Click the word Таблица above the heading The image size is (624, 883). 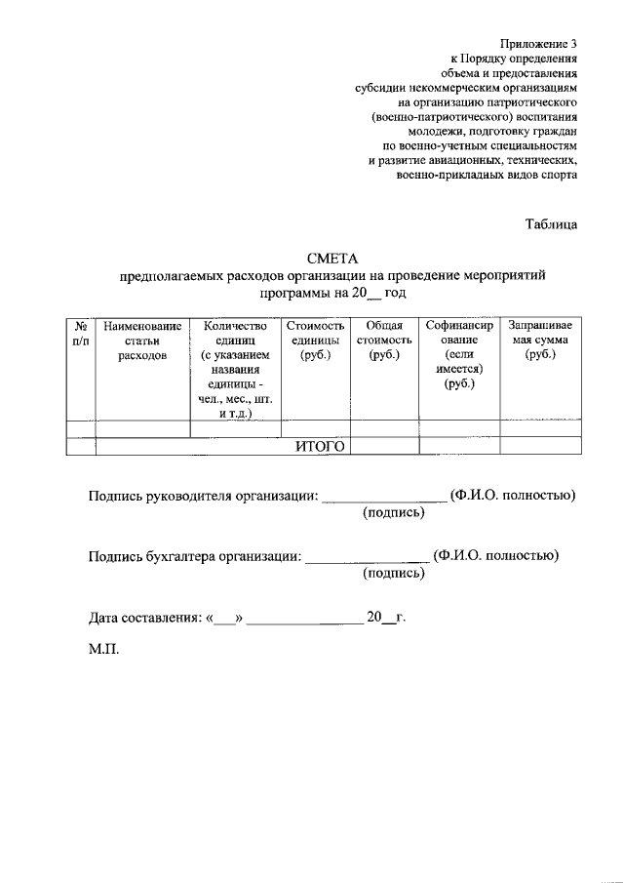pos(551,223)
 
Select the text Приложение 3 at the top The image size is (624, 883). pos(539,44)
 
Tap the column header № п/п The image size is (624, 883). pos(80,333)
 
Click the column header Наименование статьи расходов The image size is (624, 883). pos(142,341)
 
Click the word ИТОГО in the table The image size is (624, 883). pos(321,446)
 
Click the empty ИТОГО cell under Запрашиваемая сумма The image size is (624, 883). pos(540,446)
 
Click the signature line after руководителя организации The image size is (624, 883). pos(383,498)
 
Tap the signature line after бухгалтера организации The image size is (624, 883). pos(367,558)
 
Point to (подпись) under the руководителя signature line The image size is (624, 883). pos(393,512)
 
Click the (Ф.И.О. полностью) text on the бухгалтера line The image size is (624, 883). pos(496,556)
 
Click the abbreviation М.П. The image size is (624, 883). pos(103,649)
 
